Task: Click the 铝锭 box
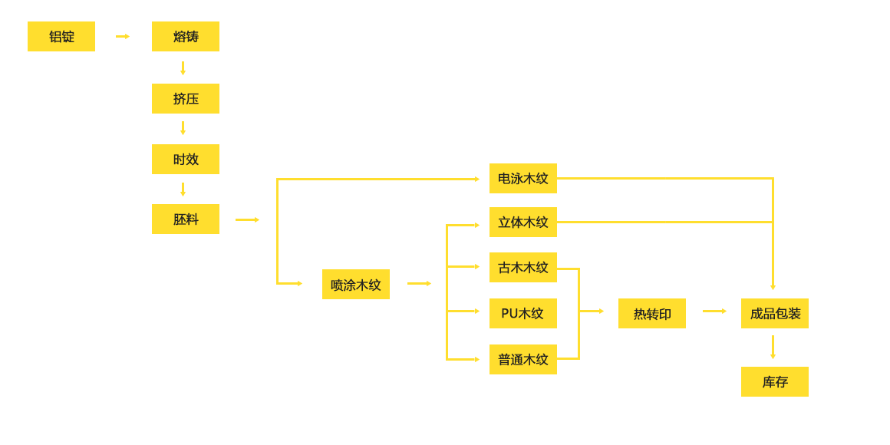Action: [61, 37]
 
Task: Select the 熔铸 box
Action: [186, 37]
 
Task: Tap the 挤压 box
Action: [186, 99]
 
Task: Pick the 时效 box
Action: [186, 160]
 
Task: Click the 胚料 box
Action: [186, 219]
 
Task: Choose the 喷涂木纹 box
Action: [356, 285]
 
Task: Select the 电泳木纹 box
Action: [523, 179]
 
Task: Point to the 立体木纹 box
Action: [523, 222]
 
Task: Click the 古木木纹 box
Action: [523, 268]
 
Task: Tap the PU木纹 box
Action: [523, 314]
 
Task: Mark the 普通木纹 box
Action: [523, 359]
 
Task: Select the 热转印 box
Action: [652, 314]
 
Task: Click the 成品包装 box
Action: [775, 314]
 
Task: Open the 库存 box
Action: [775, 382]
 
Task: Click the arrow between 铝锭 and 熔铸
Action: [123, 37]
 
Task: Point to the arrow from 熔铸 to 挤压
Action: [183, 68]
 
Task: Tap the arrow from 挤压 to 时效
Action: [183, 128]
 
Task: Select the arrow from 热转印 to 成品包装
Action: [714, 311]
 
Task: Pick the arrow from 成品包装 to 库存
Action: [773, 347]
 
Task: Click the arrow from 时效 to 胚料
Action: [183, 190]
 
